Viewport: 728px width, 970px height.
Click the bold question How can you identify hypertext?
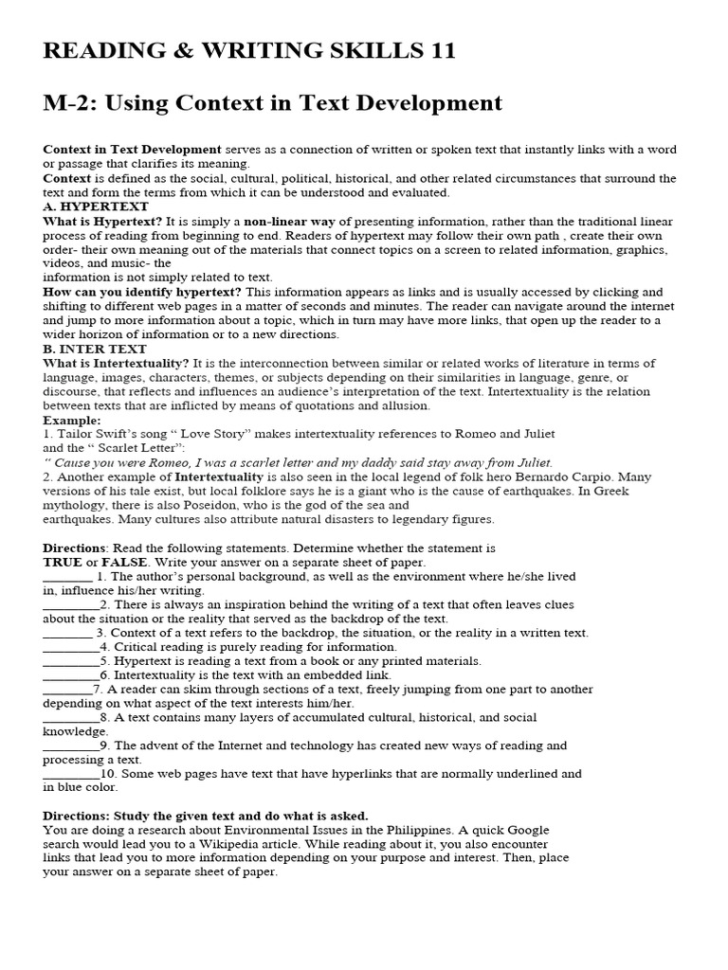[142, 292]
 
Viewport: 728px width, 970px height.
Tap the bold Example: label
[72, 420]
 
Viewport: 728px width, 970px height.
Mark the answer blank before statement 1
[67, 576]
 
